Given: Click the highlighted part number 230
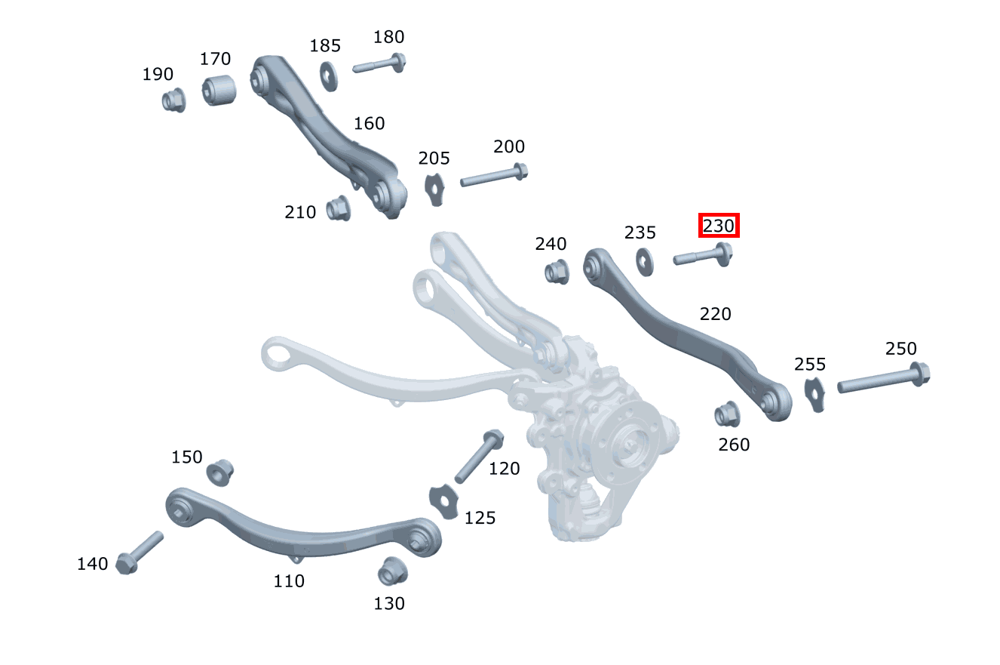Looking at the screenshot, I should (x=718, y=225).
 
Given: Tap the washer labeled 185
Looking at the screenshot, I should (x=329, y=75).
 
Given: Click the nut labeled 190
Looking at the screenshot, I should (x=174, y=99).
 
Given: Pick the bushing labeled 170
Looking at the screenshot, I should (x=219, y=91).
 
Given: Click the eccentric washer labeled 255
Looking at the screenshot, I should (x=814, y=394).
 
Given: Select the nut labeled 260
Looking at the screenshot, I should (x=727, y=414).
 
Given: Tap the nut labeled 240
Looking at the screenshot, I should (x=557, y=271).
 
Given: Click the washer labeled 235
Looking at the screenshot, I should (x=644, y=261).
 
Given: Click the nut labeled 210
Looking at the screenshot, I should (x=339, y=208).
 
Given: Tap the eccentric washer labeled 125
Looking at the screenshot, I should (x=443, y=501).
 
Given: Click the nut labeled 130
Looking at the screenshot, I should (x=391, y=571).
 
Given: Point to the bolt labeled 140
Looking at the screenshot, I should (x=140, y=552).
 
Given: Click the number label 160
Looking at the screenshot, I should (x=369, y=123).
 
